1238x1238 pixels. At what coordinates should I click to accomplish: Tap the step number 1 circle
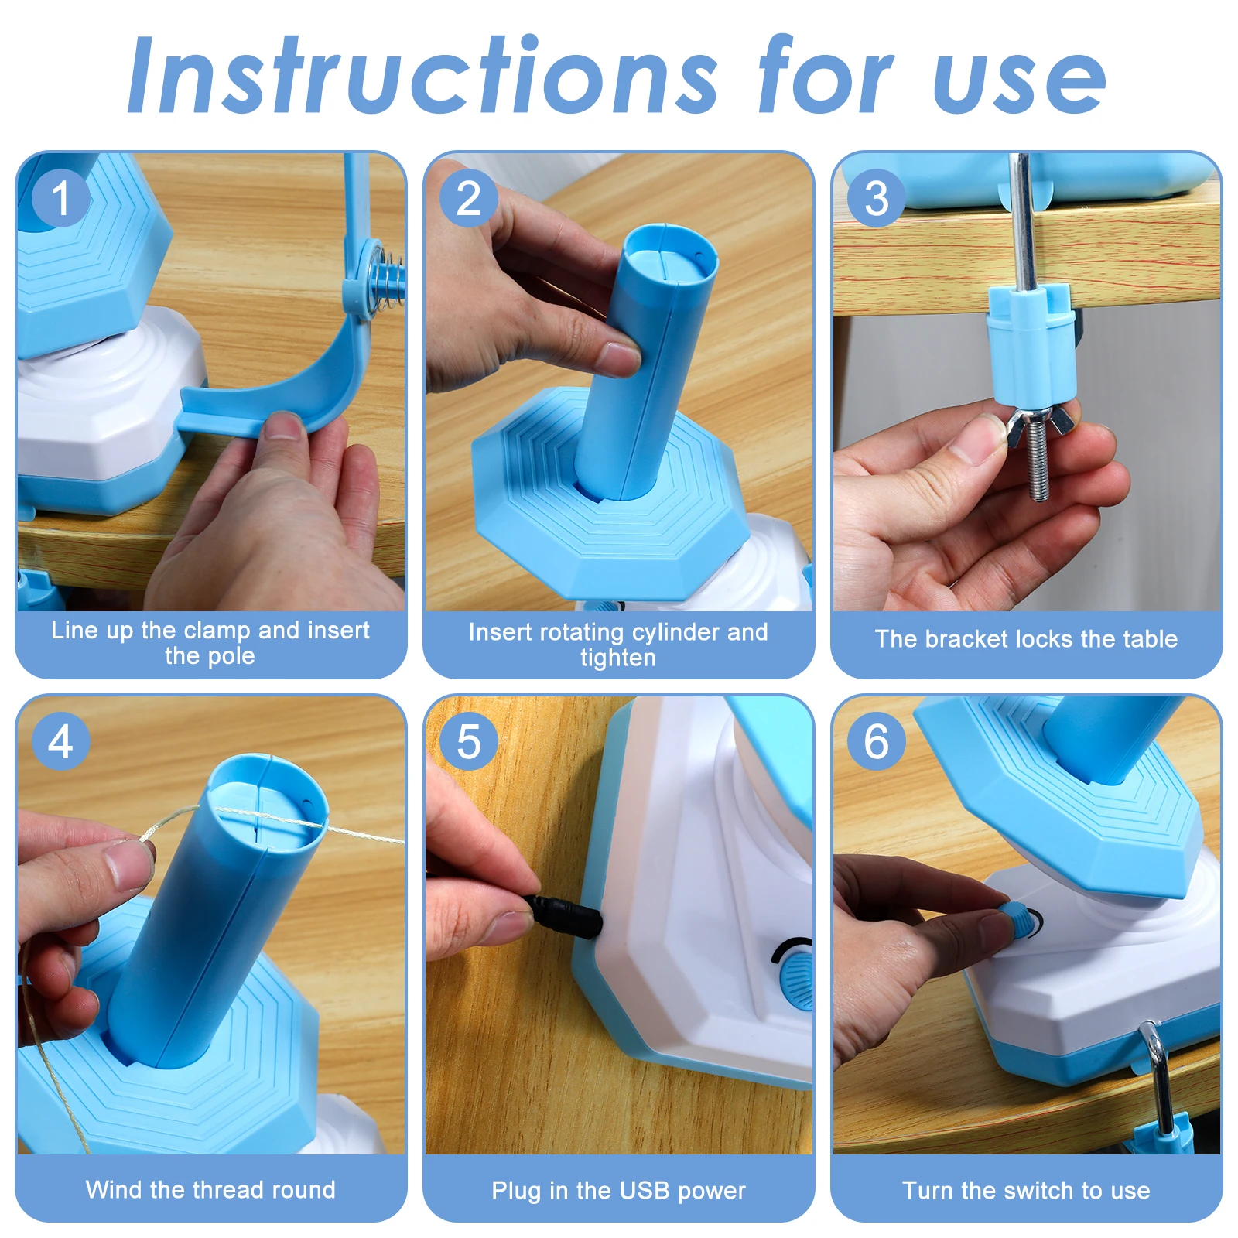(x=61, y=198)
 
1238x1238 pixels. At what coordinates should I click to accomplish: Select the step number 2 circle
(x=469, y=198)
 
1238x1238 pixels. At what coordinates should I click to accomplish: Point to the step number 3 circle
(x=876, y=198)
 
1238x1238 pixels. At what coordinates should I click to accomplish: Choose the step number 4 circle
(x=61, y=741)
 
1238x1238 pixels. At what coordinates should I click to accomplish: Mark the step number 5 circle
(x=469, y=741)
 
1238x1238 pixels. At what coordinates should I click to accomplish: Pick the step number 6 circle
(x=876, y=741)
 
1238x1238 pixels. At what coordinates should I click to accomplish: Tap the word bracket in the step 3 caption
(x=966, y=639)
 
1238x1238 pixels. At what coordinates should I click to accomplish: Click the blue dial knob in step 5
(x=797, y=979)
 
